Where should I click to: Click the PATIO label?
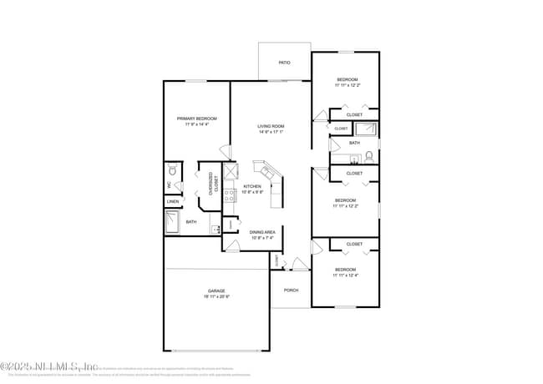point(284,63)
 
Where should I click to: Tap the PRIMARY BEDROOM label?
point(196,119)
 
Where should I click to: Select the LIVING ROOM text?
point(271,126)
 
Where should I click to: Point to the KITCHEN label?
point(252,186)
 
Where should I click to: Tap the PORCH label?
point(291,290)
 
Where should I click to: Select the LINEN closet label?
point(172,202)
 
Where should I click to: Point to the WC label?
point(169,184)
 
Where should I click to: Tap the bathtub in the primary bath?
point(172,222)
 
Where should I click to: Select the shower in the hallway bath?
point(366,129)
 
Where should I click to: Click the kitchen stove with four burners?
point(230,198)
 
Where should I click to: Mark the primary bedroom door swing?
point(225,149)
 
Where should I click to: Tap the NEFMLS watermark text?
point(50,366)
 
